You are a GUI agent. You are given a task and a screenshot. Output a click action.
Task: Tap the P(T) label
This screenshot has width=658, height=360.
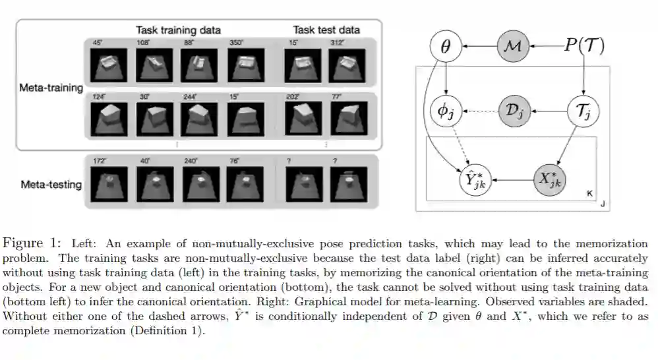pos(584,46)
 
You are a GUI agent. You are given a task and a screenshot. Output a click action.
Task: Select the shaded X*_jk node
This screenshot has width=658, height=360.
pos(551,178)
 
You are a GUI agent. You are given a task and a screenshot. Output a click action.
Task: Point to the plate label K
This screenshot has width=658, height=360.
pos(589,193)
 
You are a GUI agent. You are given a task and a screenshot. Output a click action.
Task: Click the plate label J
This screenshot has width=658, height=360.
pos(603,205)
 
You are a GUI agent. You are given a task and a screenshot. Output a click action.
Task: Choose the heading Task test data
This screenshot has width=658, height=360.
pos(326,30)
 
